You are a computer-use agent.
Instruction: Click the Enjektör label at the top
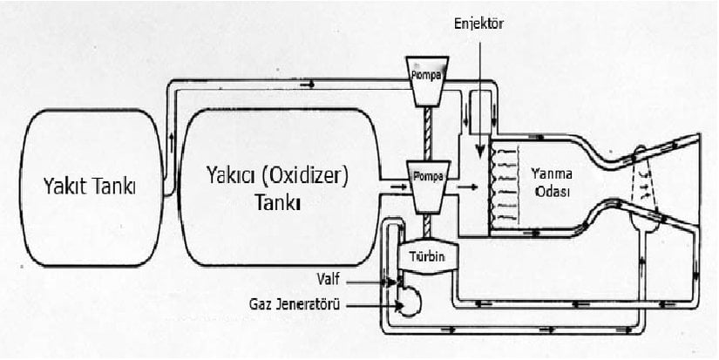click(x=479, y=24)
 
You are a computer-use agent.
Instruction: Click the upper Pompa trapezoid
click(x=427, y=75)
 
